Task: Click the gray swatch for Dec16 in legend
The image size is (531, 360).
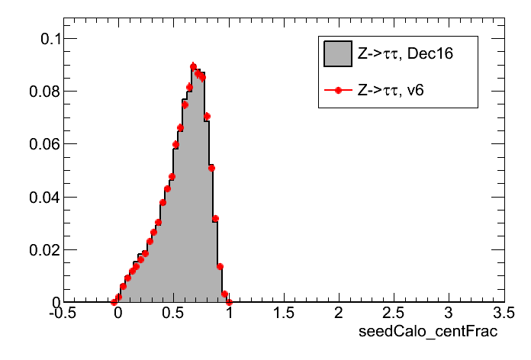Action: pyautogui.click(x=337, y=54)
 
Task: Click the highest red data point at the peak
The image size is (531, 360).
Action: pyautogui.click(x=193, y=66)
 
